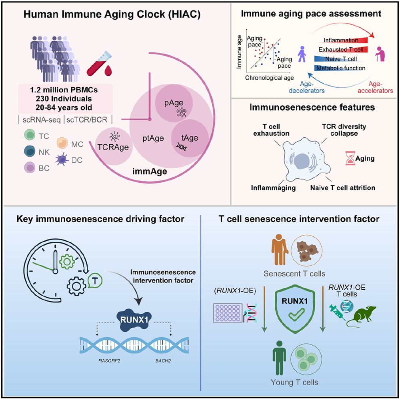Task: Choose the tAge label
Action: pos(190,138)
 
